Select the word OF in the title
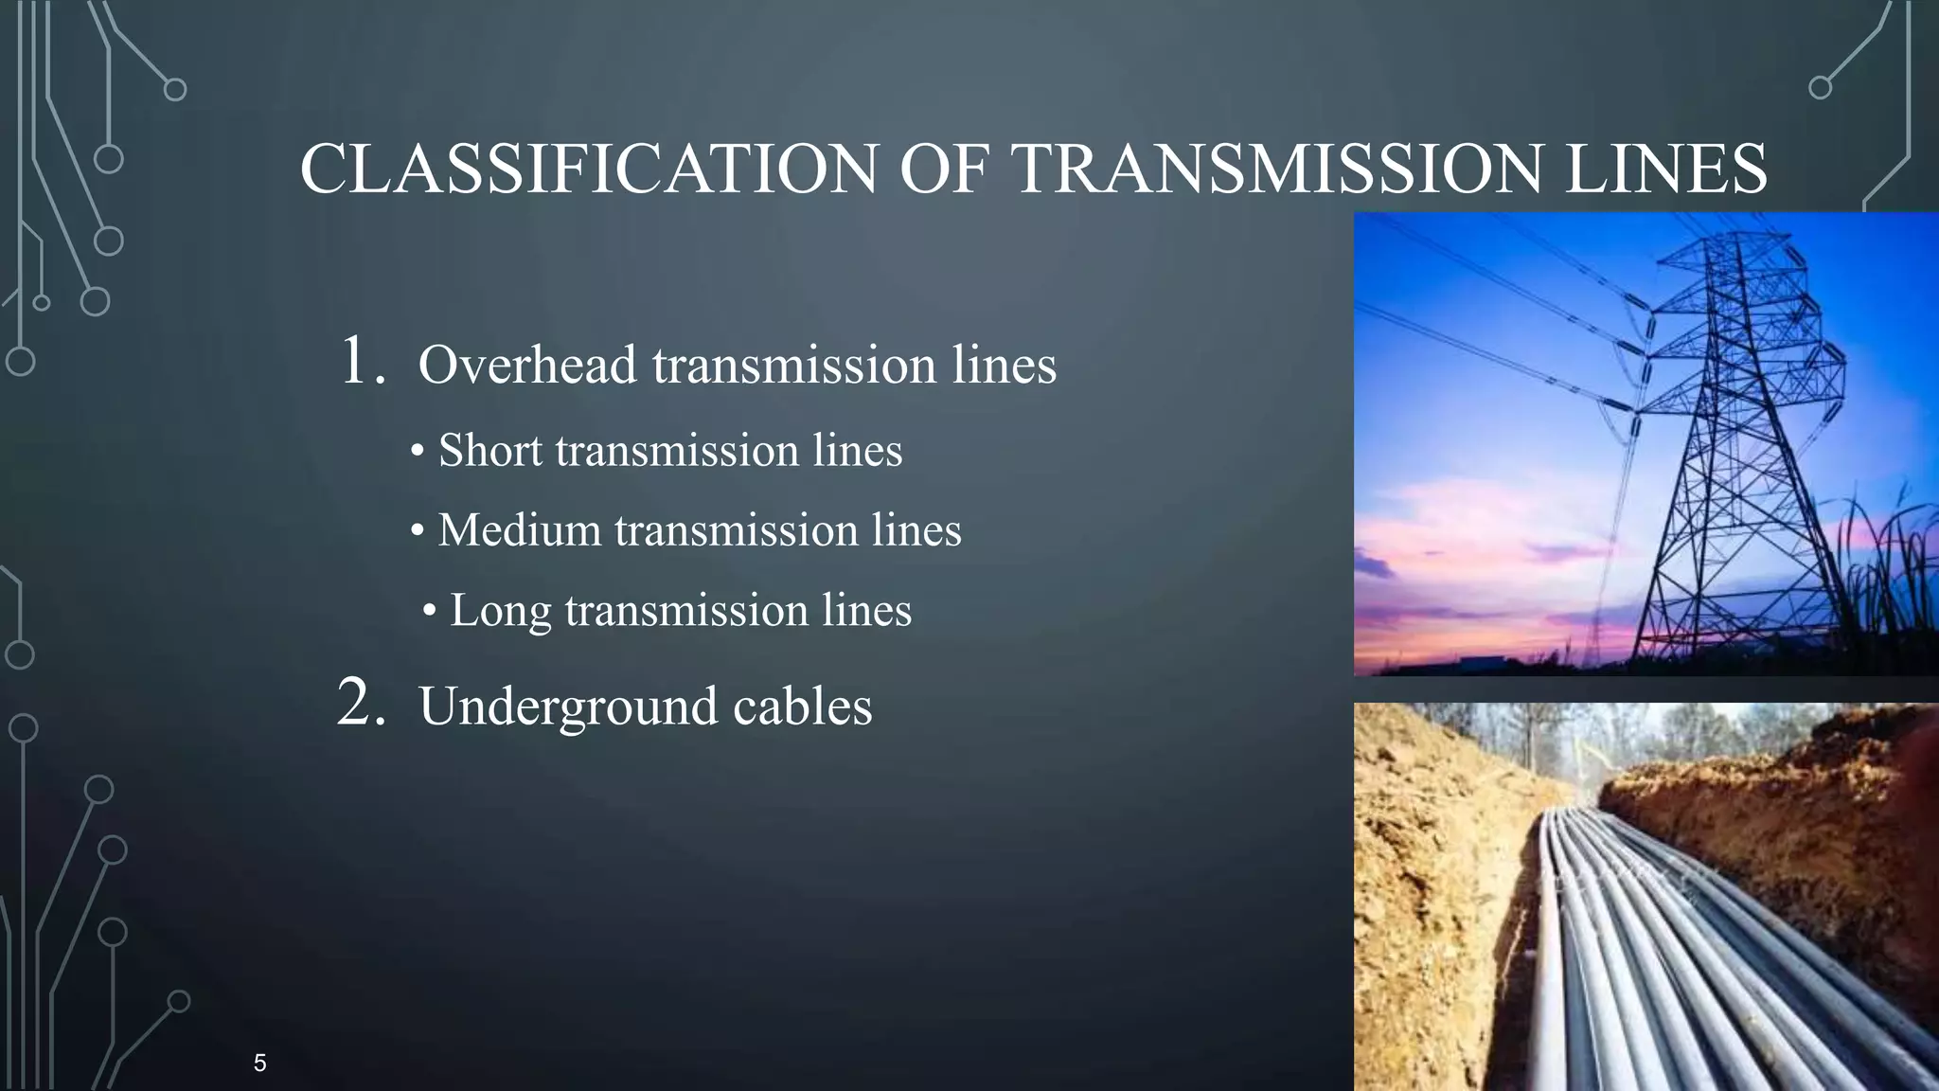pos(944,170)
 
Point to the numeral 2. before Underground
pos(362,705)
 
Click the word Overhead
pos(526,366)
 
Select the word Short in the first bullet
pos(489,451)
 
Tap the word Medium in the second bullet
pos(519,530)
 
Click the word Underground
pos(567,708)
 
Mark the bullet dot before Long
pos(430,612)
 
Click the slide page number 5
pos(259,1063)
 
